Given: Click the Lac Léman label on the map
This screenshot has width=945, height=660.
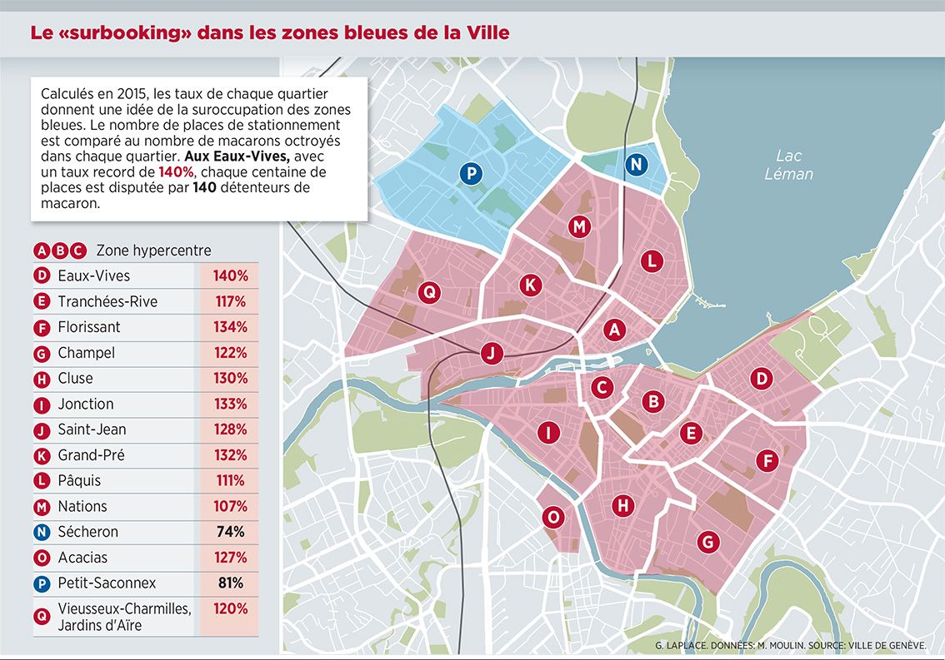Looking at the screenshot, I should click(788, 165).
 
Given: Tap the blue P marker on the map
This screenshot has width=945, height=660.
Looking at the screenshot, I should click(470, 173).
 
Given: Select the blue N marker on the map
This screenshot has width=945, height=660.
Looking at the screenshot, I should click(636, 164).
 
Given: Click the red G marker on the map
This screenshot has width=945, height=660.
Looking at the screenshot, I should click(707, 542).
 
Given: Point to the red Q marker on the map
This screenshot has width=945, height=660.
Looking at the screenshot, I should click(428, 291).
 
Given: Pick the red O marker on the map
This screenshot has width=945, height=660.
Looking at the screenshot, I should click(552, 517).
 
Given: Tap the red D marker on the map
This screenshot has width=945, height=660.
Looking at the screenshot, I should click(760, 380).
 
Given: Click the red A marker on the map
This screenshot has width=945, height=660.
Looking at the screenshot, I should click(615, 330).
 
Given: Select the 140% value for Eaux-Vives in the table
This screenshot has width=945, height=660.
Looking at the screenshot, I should click(229, 275).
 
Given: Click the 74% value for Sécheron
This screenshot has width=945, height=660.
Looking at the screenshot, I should click(230, 532).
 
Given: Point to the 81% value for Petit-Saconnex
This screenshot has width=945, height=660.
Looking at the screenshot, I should click(230, 583).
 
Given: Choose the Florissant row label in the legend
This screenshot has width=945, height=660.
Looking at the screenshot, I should click(89, 327).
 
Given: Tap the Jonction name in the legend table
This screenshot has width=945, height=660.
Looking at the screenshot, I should click(86, 404).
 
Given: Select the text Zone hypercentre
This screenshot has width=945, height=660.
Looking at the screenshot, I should click(154, 251).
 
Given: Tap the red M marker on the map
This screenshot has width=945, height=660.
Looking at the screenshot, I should click(580, 226).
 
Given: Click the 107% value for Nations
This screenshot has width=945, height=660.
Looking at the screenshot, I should click(229, 506).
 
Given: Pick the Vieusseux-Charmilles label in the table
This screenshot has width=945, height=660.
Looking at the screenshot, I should click(124, 609).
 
